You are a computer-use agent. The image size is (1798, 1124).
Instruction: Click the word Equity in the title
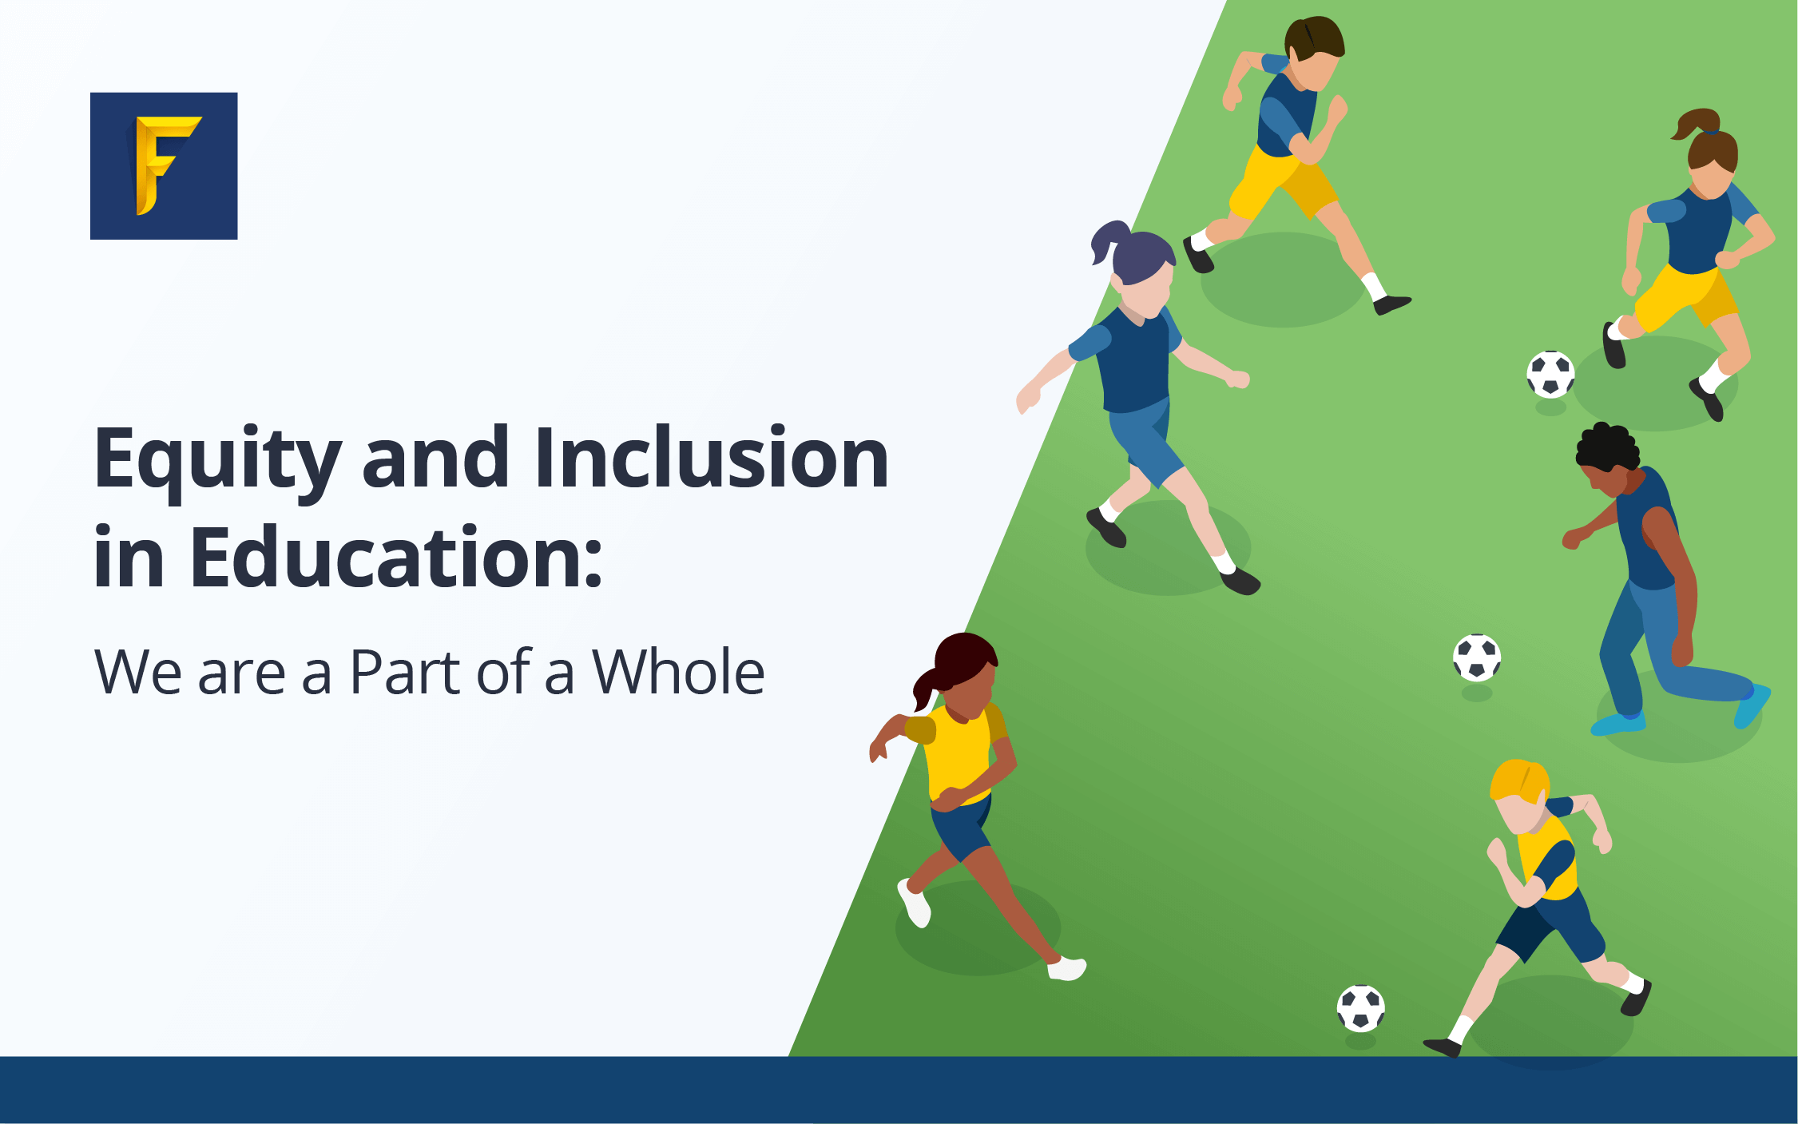[x=218, y=462]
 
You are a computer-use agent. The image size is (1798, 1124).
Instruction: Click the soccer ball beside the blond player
[x=1360, y=1008]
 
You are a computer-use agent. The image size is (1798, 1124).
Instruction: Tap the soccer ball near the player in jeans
[x=1477, y=657]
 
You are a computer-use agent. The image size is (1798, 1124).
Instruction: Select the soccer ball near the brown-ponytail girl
[x=1550, y=374]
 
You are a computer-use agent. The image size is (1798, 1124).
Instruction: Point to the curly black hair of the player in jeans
[x=1606, y=447]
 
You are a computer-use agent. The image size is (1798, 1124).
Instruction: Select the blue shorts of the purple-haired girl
[x=1145, y=439]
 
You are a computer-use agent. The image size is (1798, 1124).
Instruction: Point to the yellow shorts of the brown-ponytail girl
[x=1685, y=295]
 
